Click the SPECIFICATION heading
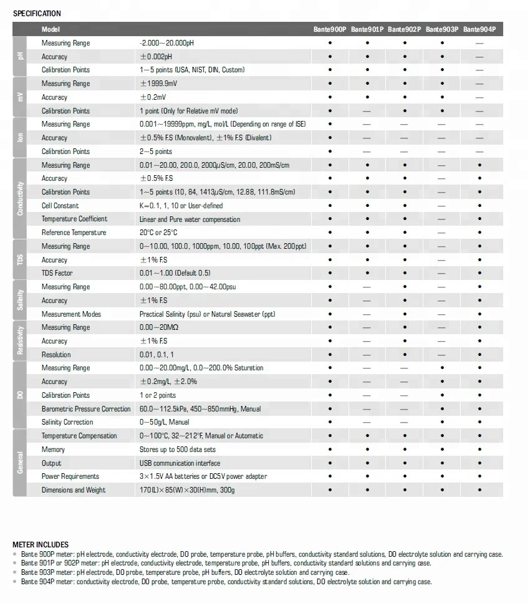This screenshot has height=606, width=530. coord(37,13)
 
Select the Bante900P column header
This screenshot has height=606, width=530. coord(330,29)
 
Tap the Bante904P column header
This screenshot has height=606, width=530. coord(479,29)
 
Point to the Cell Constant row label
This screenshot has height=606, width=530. coord(60,206)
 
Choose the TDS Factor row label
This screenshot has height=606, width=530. coord(57,273)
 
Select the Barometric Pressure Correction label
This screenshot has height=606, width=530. coord(86,409)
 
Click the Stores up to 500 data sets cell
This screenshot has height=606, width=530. coord(178,450)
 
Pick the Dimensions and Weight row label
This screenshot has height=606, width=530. coord(74,490)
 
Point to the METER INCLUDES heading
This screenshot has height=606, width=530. coord(41,545)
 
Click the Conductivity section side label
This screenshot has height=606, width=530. coord(20,199)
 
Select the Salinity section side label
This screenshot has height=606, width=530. coord(20,301)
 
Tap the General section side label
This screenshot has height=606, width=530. coord(20,463)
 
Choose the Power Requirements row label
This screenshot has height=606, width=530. coord(70,476)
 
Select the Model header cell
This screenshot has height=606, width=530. coord(51,29)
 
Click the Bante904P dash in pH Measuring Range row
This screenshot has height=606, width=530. coord(479,43)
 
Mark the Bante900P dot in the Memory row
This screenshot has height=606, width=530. coord(330,450)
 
